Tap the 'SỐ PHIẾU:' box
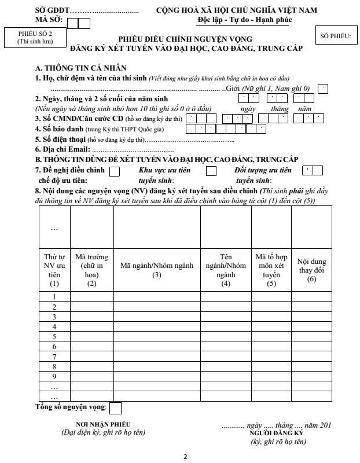point(335,36)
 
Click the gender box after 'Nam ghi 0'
point(323,88)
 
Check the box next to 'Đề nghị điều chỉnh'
point(115,171)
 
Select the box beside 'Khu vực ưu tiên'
point(211,171)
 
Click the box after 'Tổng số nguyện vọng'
point(115,408)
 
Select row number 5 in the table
point(54,336)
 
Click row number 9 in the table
point(54,376)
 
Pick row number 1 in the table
point(54,296)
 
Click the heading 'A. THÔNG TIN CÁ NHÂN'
point(80,68)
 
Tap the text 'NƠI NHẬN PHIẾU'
point(103,424)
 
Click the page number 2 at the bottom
point(185,457)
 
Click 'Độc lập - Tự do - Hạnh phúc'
point(236,20)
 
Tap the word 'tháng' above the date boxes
point(280,108)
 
